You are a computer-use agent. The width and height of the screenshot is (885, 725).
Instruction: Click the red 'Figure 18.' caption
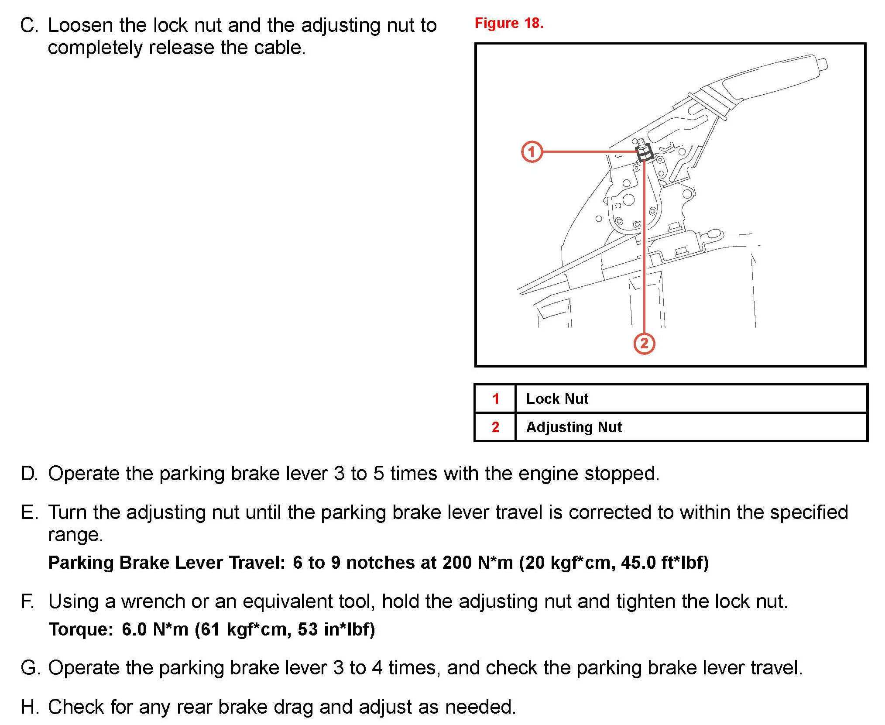[x=509, y=23]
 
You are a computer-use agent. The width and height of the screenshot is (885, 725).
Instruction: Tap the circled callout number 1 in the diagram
[x=532, y=152]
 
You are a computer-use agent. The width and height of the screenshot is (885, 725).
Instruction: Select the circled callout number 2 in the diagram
[x=644, y=344]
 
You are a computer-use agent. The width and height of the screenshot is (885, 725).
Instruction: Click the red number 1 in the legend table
[x=495, y=399]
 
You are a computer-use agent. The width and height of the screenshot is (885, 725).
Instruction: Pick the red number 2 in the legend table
[x=495, y=427]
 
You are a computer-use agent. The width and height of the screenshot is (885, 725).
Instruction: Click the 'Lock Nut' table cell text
[x=557, y=399]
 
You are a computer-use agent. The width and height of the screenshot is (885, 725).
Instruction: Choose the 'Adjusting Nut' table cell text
[x=574, y=427]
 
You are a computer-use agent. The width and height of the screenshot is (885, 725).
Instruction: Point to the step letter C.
[x=29, y=26]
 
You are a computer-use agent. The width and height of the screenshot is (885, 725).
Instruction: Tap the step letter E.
[x=29, y=512]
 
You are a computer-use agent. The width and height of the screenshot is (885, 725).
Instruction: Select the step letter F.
[x=28, y=601]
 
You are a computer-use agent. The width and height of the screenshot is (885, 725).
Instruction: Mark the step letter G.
[x=30, y=668]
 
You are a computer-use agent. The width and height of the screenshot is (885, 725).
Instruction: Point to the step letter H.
[x=30, y=707]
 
